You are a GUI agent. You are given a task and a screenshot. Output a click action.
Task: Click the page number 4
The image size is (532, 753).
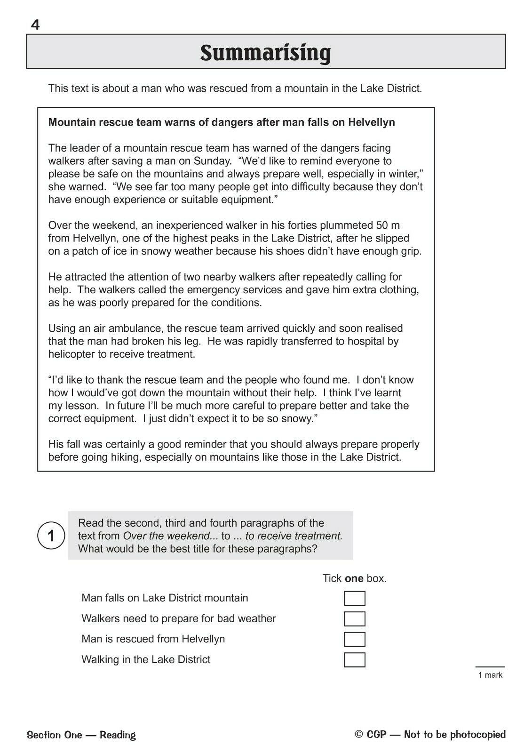(x=35, y=24)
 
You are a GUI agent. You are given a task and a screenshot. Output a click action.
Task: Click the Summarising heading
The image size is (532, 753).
(x=265, y=53)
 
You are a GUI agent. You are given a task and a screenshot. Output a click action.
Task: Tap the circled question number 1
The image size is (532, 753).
(x=51, y=536)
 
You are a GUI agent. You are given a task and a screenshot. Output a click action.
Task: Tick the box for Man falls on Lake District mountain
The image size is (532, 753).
(x=354, y=598)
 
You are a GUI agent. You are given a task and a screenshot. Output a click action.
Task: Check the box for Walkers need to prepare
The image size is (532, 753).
(x=354, y=619)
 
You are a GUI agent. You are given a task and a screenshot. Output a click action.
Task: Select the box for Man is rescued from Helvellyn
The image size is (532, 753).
(x=354, y=639)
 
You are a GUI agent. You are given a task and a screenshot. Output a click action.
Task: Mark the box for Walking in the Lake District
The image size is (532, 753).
(x=354, y=660)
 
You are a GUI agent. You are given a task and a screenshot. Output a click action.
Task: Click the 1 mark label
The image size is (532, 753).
(x=490, y=675)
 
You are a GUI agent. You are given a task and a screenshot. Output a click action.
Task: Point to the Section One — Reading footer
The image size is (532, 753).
(x=81, y=735)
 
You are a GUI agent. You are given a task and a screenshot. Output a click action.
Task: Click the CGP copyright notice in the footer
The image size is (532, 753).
(x=430, y=734)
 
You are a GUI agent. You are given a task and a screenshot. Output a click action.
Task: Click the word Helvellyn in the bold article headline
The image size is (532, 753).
(x=371, y=122)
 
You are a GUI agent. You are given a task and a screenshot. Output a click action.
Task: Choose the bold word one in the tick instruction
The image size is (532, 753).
(x=354, y=578)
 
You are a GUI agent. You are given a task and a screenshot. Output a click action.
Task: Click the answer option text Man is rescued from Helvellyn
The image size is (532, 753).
(x=153, y=639)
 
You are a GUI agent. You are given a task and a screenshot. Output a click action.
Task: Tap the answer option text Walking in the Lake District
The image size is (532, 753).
(x=146, y=659)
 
